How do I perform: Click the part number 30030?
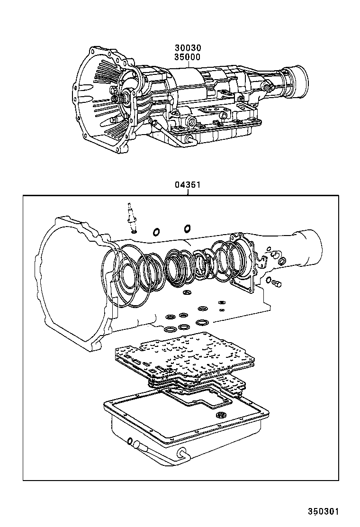pyautogui.click(x=187, y=48)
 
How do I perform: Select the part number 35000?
pyautogui.click(x=187, y=57)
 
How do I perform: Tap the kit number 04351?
pyautogui.click(x=188, y=185)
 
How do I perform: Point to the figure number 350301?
pyautogui.click(x=324, y=511)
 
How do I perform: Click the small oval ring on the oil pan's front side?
pyautogui.click(x=130, y=441)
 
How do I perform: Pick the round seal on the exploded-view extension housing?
pyautogui.click(x=282, y=262)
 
